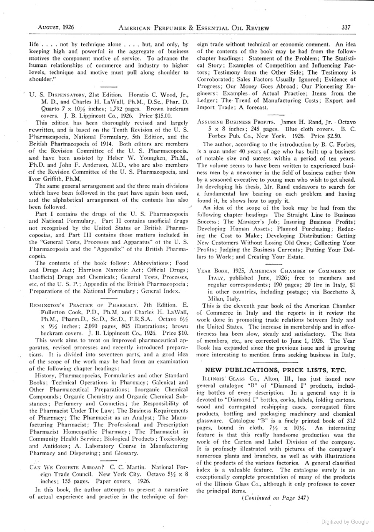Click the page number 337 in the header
[346, 28]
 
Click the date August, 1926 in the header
[56, 28]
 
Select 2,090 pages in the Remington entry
[98, 326]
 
